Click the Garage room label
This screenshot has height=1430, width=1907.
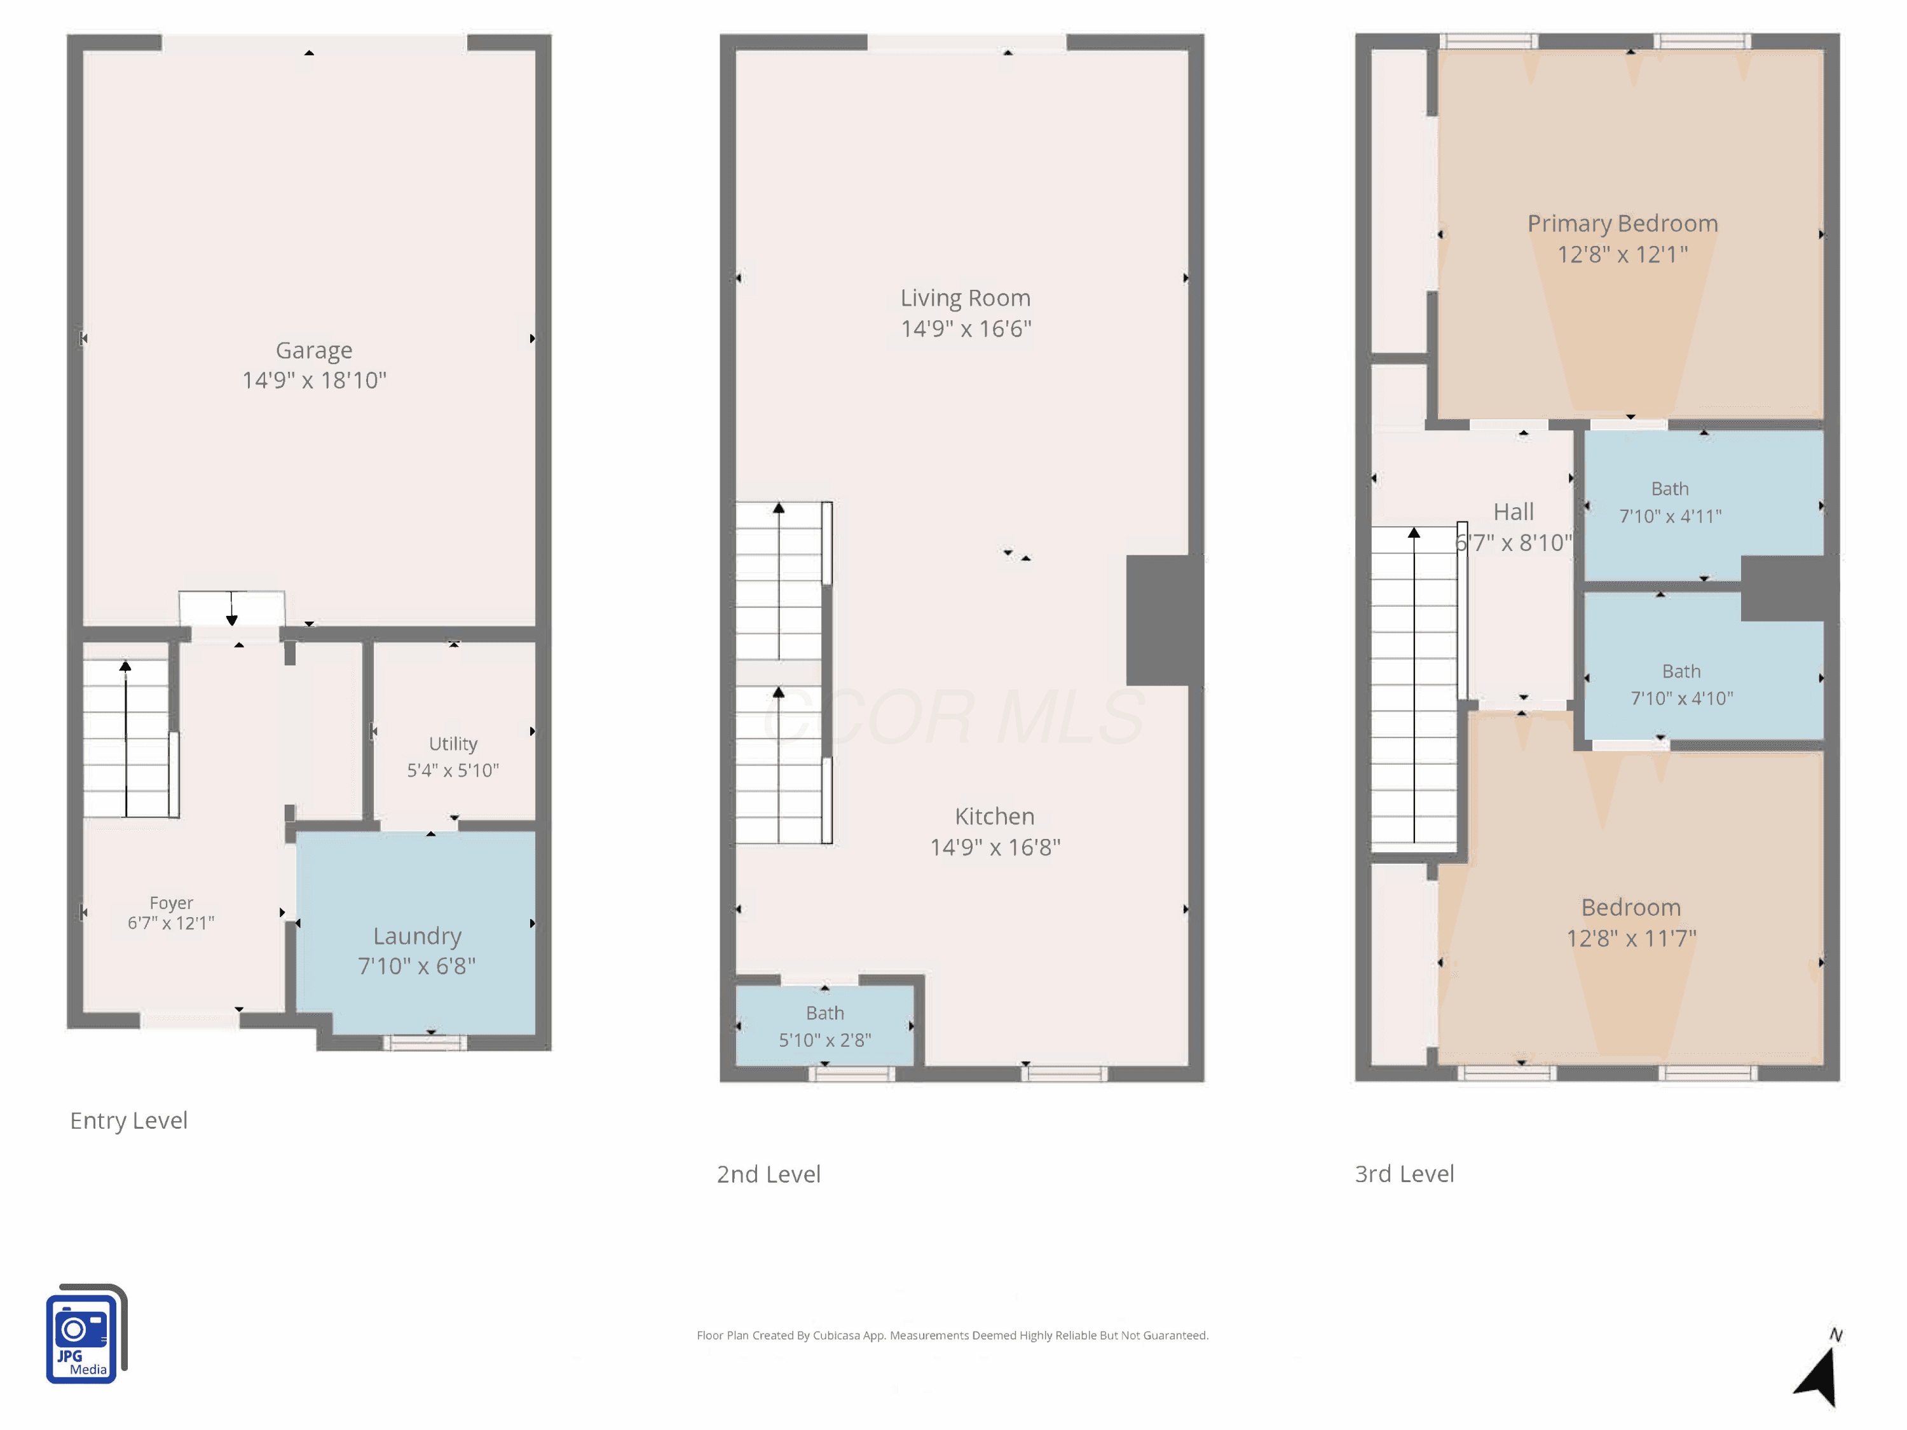point(314,351)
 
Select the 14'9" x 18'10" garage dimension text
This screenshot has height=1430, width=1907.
point(314,380)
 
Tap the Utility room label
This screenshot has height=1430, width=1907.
point(453,744)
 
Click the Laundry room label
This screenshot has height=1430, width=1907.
point(417,937)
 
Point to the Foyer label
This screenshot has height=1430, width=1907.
point(171,902)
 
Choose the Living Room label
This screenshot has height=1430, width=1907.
point(966,298)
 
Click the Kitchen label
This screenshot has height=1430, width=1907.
point(995,816)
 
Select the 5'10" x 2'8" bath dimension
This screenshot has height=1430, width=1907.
point(825,1040)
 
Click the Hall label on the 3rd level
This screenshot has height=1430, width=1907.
point(1514,512)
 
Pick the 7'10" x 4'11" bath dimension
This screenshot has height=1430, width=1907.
point(1671,516)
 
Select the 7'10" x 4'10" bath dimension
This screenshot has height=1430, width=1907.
point(1682,698)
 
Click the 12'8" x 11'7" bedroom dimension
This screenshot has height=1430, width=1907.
point(1631,938)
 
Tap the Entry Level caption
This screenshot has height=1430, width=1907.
point(128,1120)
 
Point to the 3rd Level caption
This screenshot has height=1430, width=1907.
point(1404,1174)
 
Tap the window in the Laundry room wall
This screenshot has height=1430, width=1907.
point(425,1043)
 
